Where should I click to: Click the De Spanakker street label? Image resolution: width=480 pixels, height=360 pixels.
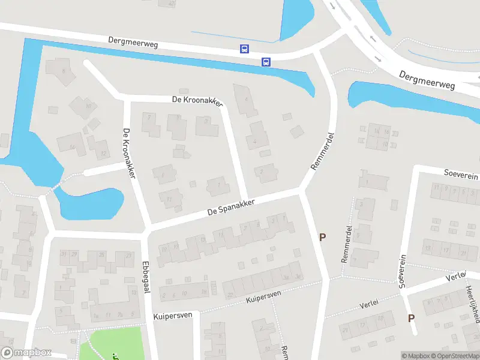pos(231,207)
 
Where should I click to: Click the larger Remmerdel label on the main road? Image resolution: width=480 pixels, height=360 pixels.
pos(322,150)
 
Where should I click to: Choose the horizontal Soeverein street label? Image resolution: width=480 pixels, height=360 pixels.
pos(461,175)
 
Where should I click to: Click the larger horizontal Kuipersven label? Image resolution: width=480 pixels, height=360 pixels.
pos(172,315)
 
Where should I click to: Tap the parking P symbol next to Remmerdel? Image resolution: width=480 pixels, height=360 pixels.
pos(322,238)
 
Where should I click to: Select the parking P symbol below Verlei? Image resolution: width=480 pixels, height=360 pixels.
pos(411,318)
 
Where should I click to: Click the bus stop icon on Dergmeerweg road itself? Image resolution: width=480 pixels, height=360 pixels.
pos(244,49)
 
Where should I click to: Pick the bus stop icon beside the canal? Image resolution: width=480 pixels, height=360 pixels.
pos(266,61)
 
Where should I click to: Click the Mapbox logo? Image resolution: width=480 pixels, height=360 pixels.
pos(26,353)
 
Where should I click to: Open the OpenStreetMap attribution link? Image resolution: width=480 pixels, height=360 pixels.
pos(454,356)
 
